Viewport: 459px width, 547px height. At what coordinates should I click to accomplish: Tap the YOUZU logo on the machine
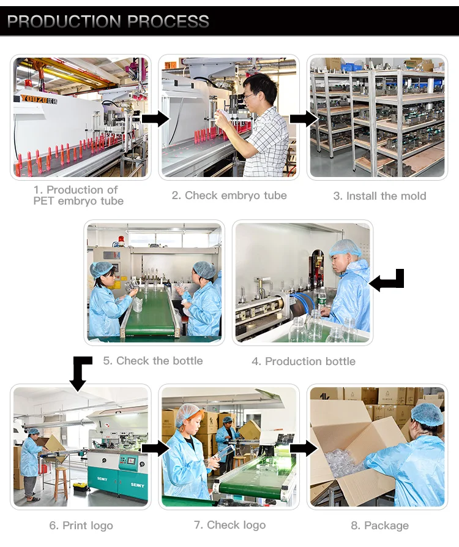click(x=38, y=100)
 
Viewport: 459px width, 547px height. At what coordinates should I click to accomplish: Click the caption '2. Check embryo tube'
click(x=229, y=195)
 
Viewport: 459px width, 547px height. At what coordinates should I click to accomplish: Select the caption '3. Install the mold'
click(x=379, y=195)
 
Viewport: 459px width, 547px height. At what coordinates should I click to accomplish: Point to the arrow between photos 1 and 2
click(x=155, y=119)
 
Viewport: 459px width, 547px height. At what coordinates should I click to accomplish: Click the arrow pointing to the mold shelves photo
click(x=304, y=119)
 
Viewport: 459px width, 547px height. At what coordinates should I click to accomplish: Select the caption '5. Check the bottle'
click(x=152, y=361)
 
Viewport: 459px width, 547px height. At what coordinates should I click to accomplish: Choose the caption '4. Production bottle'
click(x=304, y=361)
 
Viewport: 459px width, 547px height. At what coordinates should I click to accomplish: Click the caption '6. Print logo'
click(x=81, y=526)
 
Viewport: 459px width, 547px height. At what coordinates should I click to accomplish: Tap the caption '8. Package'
click(x=380, y=526)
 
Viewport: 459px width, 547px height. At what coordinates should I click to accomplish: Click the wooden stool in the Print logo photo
click(x=61, y=483)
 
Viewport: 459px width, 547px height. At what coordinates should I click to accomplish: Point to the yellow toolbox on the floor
click(x=81, y=486)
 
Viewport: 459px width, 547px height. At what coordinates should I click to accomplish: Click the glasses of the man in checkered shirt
click(x=248, y=95)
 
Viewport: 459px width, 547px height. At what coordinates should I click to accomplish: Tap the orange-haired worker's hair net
click(x=188, y=413)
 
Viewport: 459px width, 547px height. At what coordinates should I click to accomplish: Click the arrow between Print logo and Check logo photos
click(x=155, y=448)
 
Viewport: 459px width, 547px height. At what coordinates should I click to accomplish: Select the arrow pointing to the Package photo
click(x=304, y=448)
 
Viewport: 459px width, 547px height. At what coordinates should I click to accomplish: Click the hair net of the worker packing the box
click(x=427, y=414)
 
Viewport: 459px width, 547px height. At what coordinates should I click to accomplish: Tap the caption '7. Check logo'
click(x=229, y=525)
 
